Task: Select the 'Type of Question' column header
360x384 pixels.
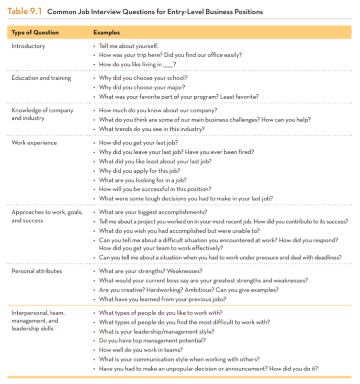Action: [x=35, y=33]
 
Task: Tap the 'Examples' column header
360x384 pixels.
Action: [x=106, y=33]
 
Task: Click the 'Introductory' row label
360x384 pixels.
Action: [x=28, y=46]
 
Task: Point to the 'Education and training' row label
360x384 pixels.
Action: [x=41, y=78]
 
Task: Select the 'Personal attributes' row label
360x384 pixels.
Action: [x=37, y=271]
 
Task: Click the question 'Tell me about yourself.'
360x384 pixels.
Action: [x=128, y=46]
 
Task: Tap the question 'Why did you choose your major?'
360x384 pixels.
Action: [x=142, y=87]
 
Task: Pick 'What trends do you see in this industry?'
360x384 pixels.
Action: [x=152, y=129]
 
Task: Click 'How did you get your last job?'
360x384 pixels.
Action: [x=138, y=143]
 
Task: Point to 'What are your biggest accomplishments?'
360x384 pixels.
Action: [x=153, y=212]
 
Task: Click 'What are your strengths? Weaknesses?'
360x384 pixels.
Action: [x=150, y=271]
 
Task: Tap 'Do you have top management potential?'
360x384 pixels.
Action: [x=152, y=341]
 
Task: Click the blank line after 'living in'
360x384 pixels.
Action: [x=168, y=65]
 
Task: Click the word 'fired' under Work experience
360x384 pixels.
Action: [x=246, y=152]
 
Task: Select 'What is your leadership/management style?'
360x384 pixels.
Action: [x=157, y=332]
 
